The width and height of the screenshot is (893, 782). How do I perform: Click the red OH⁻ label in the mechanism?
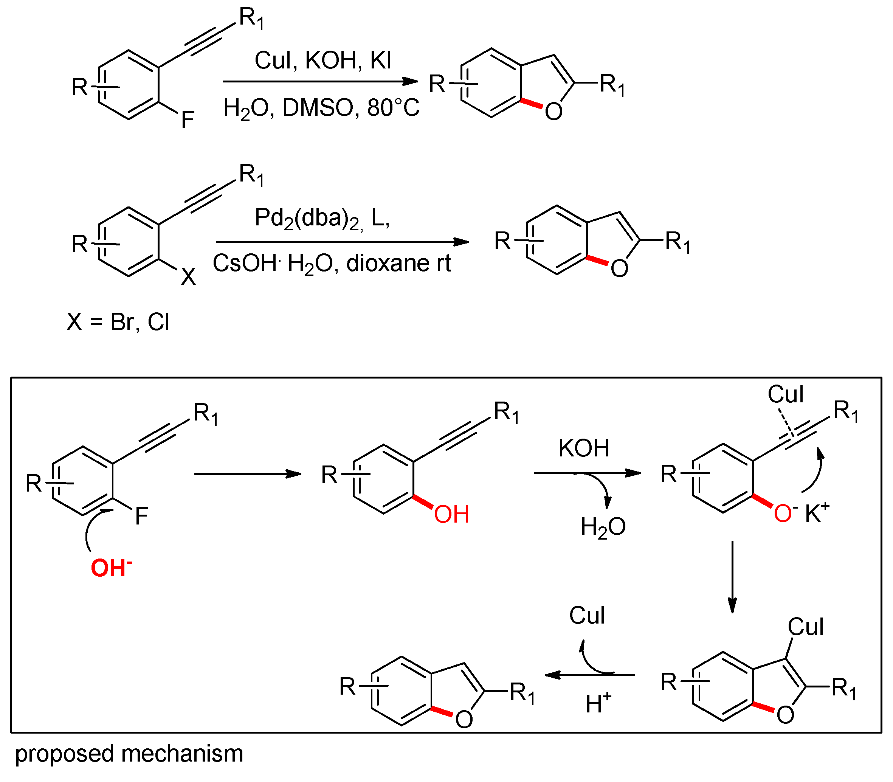coord(110,568)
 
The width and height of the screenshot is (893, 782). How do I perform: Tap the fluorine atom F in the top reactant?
coord(187,119)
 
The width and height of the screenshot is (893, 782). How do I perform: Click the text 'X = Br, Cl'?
coord(118,322)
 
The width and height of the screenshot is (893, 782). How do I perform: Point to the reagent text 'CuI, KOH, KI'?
coord(323,60)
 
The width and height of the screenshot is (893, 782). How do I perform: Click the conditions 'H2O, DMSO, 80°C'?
coord(321,107)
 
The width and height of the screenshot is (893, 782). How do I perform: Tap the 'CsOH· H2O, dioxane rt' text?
coord(332,264)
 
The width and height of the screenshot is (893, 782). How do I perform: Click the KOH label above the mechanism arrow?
coord(584,448)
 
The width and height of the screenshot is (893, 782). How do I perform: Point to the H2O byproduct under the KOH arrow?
coord(603,527)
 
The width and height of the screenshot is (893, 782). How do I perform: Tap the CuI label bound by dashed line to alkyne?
coord(785,394)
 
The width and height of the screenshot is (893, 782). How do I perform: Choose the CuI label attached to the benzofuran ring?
coord(805,627)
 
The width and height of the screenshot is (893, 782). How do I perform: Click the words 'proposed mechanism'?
coord(129,754)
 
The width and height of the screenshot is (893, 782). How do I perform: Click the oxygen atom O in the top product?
coord(553,112)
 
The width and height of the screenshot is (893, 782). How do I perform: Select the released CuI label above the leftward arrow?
coord(587,616)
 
